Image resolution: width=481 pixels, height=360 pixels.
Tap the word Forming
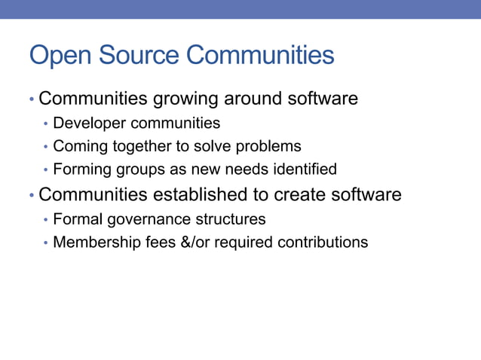80,169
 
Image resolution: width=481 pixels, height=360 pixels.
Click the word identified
306,169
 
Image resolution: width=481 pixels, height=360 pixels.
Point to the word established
199,194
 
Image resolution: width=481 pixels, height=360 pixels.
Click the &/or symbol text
184,243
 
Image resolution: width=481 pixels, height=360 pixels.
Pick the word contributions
323,243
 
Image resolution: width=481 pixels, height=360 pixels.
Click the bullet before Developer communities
45,124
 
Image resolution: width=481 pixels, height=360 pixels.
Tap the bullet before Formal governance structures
45,220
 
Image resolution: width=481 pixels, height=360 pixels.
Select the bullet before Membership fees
45,243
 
